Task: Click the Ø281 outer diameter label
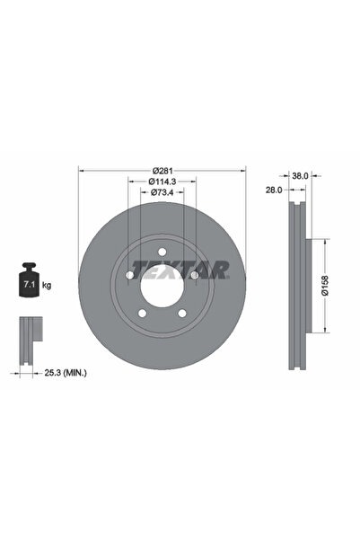pos(162,171)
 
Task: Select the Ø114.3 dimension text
pos(162,181)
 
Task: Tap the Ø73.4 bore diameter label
pos(162,192)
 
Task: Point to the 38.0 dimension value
pos(301,177)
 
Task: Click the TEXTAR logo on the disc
pos(180,269)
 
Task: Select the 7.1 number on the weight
pos(25,286)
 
